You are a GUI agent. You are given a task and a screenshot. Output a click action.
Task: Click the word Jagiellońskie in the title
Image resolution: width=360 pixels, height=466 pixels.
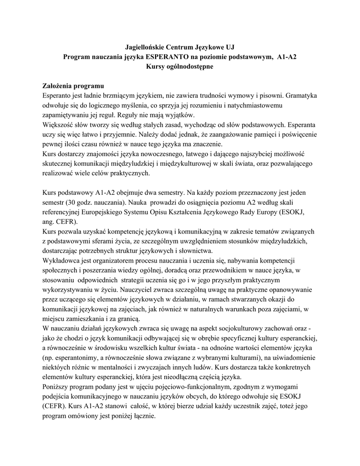(x=145, y=47)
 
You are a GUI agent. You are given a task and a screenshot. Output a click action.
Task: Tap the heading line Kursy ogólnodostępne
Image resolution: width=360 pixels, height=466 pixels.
(x=180, y=66)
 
